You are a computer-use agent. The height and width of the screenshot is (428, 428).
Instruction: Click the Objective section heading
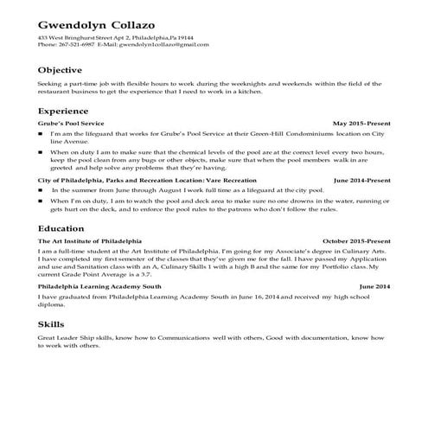point(61,70)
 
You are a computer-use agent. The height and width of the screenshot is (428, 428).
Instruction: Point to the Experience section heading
point(64,112)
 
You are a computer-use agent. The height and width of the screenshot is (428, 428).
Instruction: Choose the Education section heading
point(61,228)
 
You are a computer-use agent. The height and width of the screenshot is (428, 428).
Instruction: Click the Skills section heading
point(52,323)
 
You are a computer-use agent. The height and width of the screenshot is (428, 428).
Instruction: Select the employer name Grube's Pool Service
point(71,125)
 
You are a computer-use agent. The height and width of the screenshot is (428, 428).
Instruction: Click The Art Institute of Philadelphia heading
point(90,240)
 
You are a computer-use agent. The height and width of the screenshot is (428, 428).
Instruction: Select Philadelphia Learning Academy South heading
point(99,285)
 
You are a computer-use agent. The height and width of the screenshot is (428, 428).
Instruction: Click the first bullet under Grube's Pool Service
point(42,135)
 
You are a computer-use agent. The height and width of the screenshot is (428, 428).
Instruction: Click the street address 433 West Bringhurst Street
point(79,39)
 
